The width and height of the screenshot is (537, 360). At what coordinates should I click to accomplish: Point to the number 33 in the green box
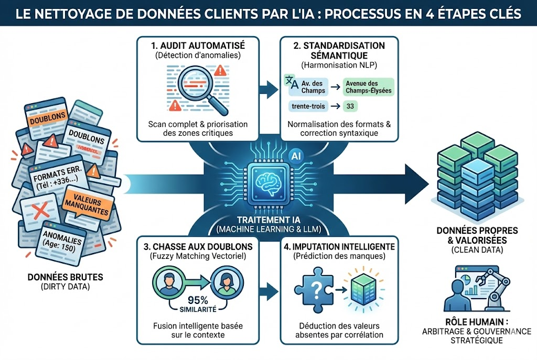pos(349,106)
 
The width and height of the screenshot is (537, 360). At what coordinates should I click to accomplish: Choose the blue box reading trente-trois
pos(307,106)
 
